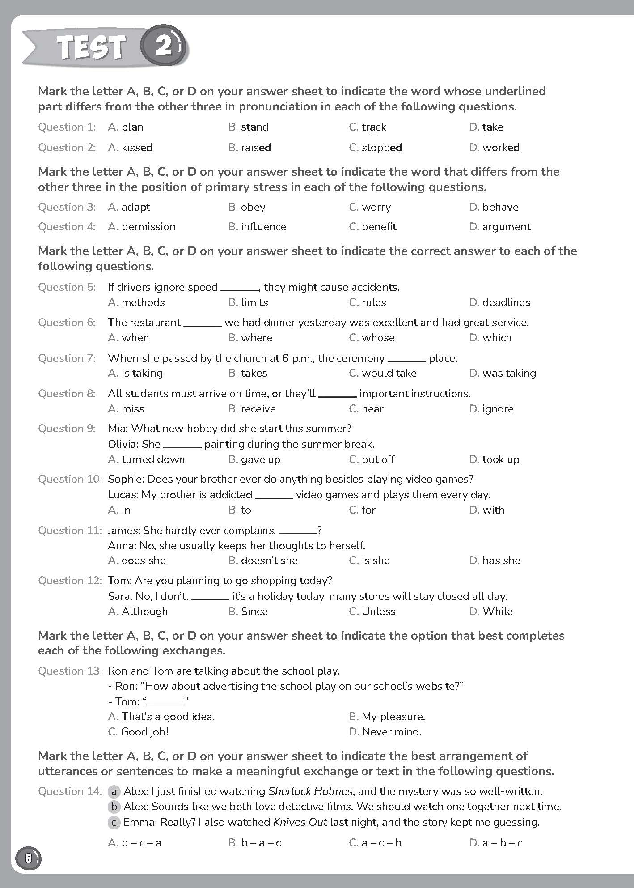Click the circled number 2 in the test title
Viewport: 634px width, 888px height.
[x=164, y=46]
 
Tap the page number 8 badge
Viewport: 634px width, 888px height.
[x=28, y=858]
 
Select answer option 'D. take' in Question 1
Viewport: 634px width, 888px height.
[x=486, y=127]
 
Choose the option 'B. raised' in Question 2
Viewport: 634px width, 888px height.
[x=249, y=148]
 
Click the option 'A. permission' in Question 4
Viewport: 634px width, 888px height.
[x=142, y=227]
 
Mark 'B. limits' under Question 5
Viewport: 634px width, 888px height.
[x=248, y=302]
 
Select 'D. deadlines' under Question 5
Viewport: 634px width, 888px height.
[x=499, y=302]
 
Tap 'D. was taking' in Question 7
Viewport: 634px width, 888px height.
[x=502, y=373]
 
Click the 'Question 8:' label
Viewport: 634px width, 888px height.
[x=67, y=394]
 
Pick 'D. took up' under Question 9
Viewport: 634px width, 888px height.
[x=494, y=459]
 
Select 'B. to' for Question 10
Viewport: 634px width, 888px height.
[x=240, y=510]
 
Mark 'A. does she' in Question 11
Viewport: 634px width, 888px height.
[x=137, y=561]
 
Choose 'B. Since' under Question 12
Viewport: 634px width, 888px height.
[x=248, y=612]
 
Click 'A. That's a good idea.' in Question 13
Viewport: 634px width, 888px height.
[x=161, y=717]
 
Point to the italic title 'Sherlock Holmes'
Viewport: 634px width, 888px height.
[x=310, y=791]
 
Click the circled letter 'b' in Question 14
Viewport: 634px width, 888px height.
[x=114, y=807]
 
